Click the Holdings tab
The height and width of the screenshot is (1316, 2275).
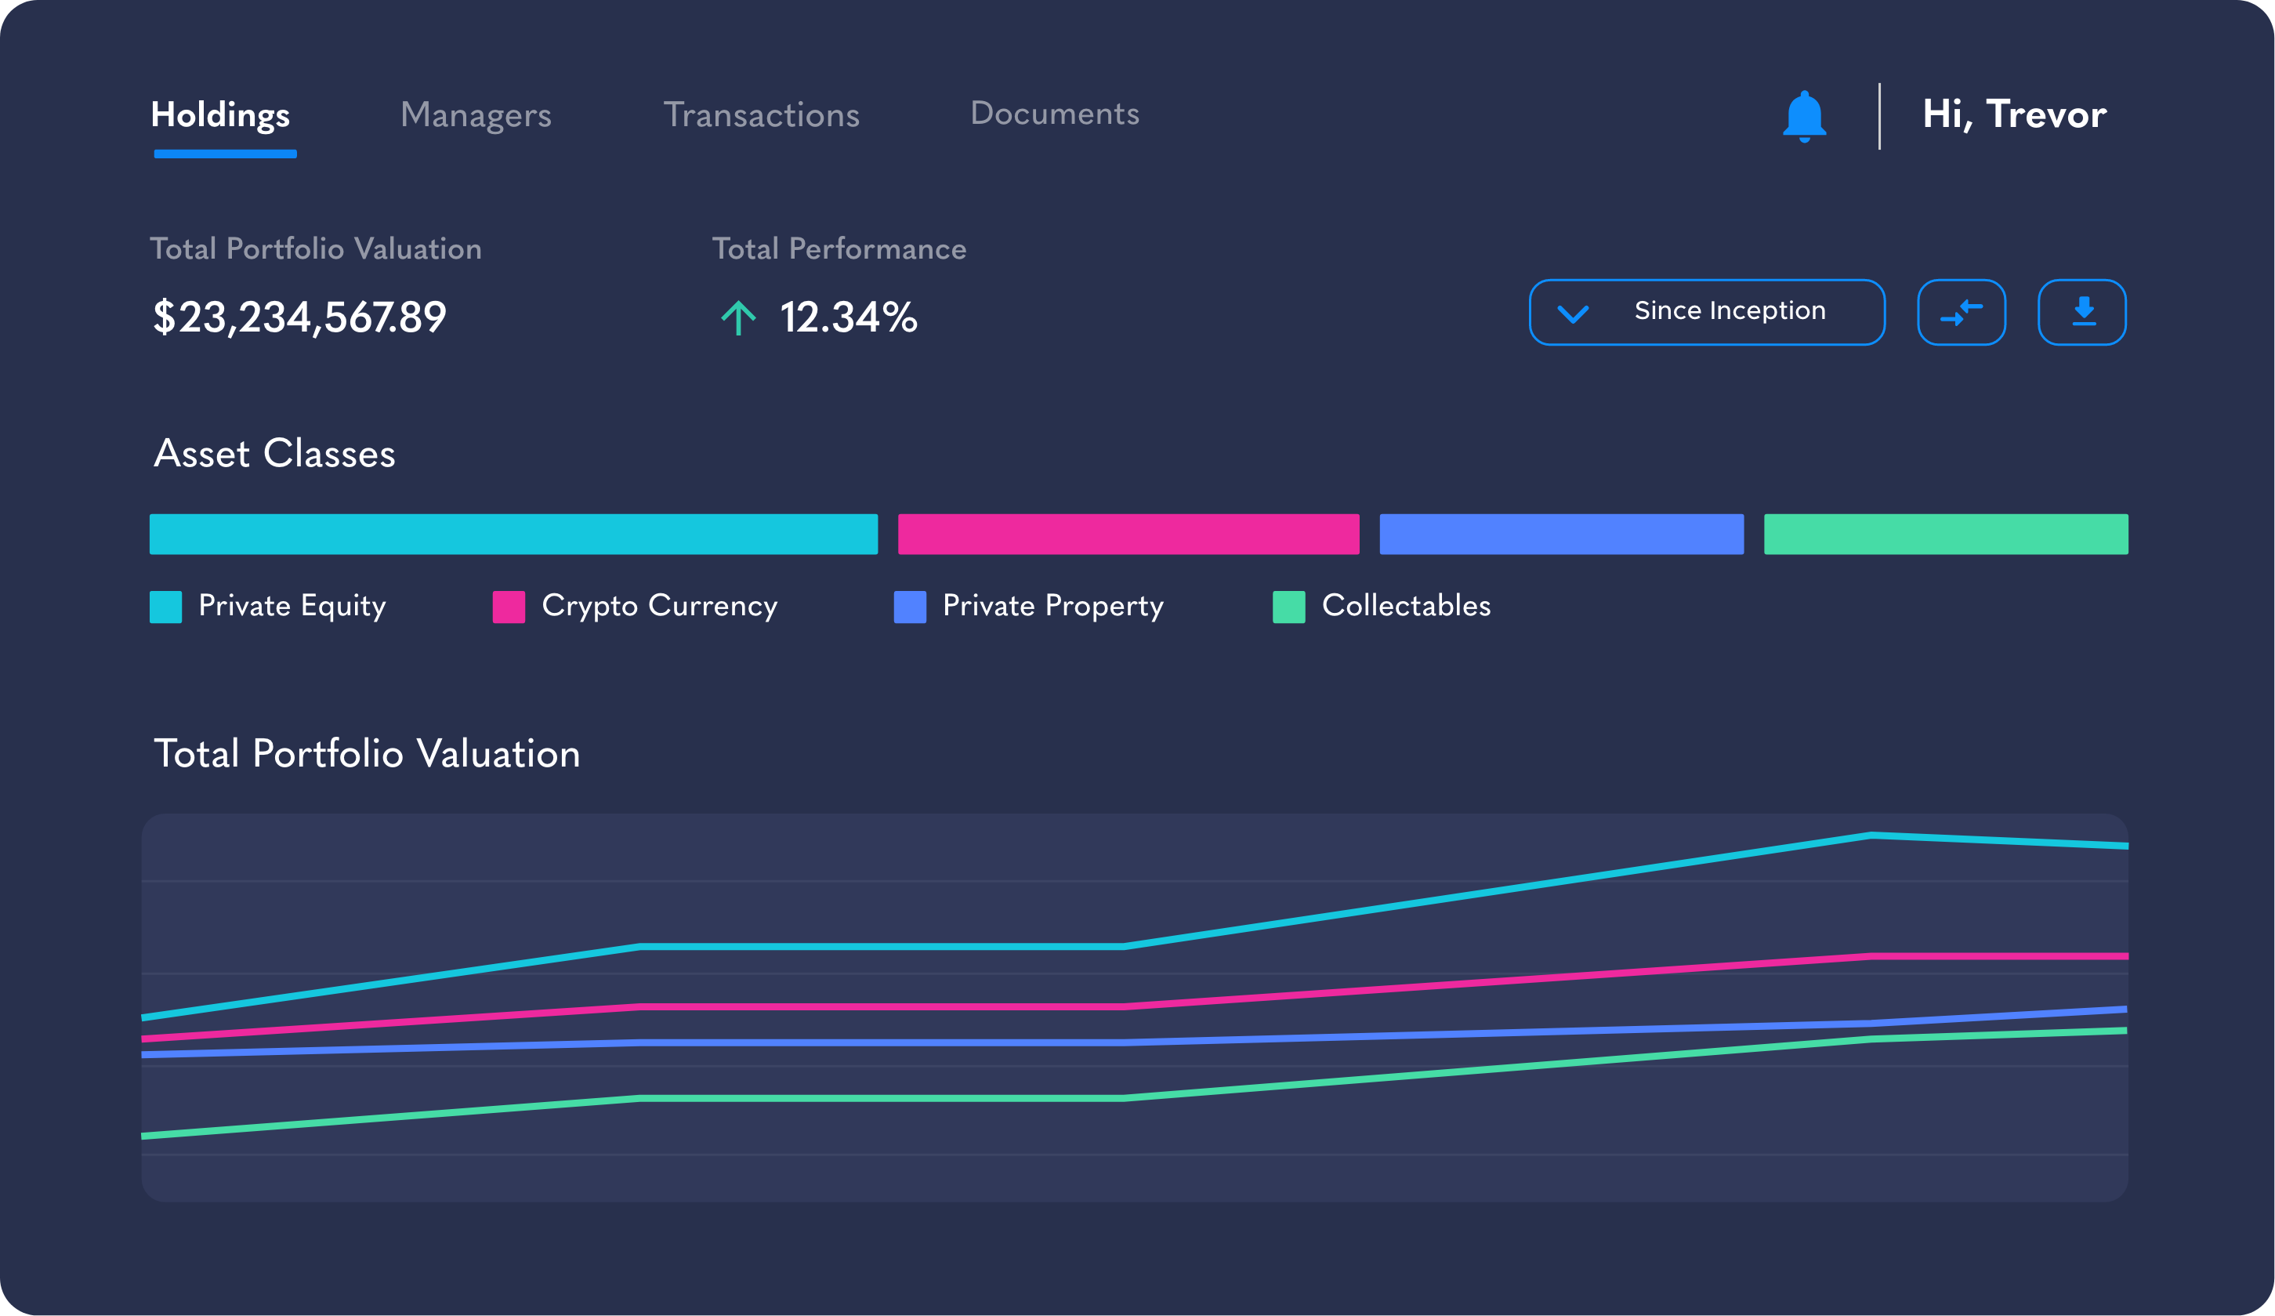coord(220,116)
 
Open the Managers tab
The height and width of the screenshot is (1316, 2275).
coord(476,116)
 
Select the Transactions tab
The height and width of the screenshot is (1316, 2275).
coord(761,116)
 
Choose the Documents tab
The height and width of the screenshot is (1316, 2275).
coord(1055,114)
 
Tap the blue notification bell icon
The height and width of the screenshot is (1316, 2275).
coord(1804,117)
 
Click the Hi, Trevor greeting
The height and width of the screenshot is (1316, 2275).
coord(2014,114)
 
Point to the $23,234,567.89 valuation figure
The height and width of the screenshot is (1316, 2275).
coord(299,317)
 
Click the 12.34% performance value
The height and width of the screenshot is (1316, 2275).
coord(848,317)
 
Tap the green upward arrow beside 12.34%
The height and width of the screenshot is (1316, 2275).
coord(737,318)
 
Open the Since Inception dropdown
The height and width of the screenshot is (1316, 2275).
coord(1706,313)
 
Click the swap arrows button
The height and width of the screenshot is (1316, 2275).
coord(1961,313)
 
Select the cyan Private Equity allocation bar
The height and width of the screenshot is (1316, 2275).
coord(513,534)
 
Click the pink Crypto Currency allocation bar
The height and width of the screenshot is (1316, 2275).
coord(1128,534)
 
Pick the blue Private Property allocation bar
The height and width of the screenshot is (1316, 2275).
coord(1561,534)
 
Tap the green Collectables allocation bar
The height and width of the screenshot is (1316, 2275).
coord(1946,534)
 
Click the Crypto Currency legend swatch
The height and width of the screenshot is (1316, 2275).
coord(509,607)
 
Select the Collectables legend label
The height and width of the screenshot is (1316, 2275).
coord(1406,605)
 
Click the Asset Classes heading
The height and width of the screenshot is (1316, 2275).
coord(274,453)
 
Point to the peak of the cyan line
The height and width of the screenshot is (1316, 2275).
coord(1871,835)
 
